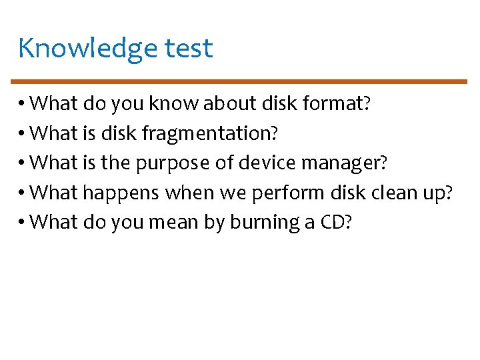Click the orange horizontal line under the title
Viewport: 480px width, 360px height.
[x=240, y=81]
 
